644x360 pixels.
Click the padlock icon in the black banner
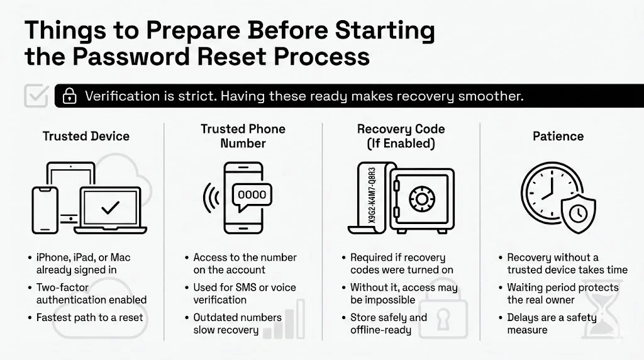[69, 96]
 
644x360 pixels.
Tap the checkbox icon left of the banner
[35, 96]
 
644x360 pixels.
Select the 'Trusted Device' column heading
[86, 136]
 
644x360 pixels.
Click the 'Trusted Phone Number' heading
[243, 136]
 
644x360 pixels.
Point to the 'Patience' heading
[558, 136]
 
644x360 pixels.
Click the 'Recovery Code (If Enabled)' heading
[401, 136]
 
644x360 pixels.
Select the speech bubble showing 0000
[252, 195]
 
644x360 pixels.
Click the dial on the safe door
[421, 200]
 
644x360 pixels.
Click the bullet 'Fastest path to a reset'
[89, 317]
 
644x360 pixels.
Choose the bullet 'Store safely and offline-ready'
[388, 323]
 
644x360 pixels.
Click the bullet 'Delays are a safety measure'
[551, 323]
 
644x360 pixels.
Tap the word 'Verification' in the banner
[122, 96]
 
